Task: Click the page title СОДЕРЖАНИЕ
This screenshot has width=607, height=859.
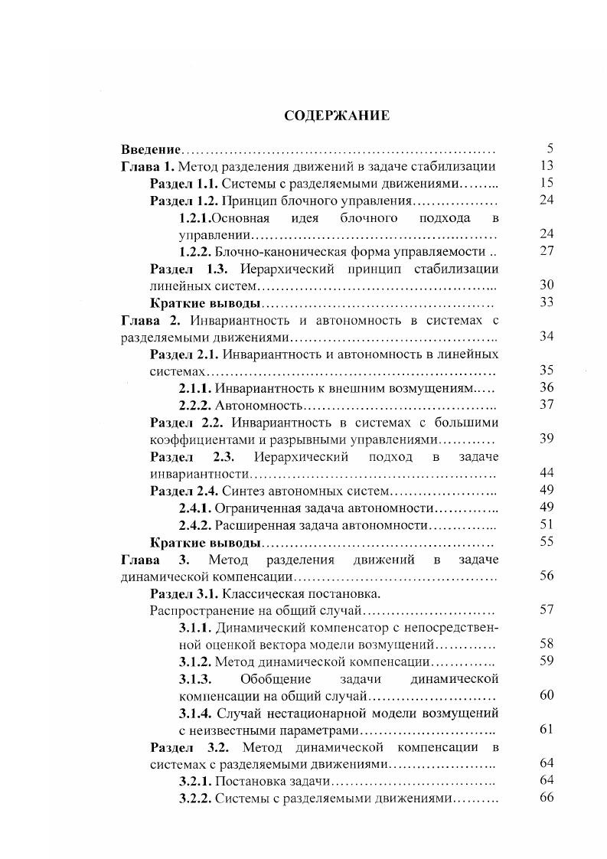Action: click(337, 116)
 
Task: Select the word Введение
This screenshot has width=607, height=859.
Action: click(151, 149)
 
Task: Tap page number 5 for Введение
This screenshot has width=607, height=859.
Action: click(550, 149)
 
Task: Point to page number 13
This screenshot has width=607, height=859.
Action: click(546, 166)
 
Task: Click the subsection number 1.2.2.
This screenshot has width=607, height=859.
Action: click(195, 251)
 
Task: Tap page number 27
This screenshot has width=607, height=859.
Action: click(546, 251)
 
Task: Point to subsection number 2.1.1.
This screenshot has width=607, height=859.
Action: click(195, 388)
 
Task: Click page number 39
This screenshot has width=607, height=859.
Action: click(546, 439)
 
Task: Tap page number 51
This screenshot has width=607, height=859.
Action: click(546, 524)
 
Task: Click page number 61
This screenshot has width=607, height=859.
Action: click(546, 730)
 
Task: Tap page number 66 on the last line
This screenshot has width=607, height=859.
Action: click(546, 799)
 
